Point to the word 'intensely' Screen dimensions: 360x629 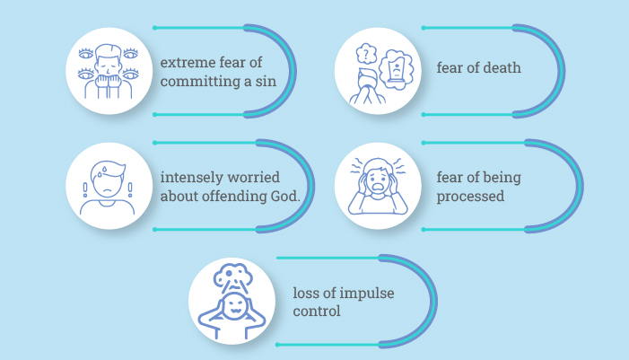pos(189,177)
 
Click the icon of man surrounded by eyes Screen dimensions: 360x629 pos(107,71)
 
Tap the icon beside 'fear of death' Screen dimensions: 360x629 pos(378,71)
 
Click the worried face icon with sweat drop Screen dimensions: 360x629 pos(107,187)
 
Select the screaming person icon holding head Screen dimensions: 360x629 pos(378,187)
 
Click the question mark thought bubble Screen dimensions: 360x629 pos(366,55)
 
